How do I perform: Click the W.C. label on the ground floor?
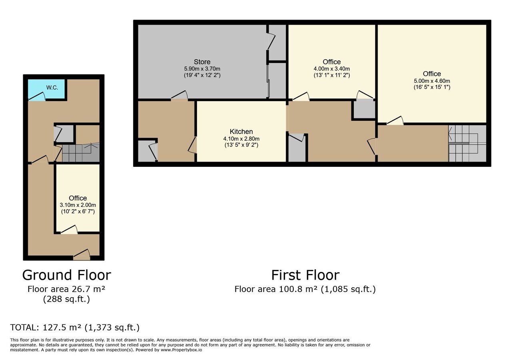tap(52, 87)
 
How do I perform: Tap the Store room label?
tap(202, 62)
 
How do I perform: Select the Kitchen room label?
tap(241, 132)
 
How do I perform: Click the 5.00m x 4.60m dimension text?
tap(432, 80)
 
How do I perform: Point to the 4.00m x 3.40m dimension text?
tap(331, 68)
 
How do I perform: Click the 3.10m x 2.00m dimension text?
tap(78, 205)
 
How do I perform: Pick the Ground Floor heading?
tap(66, 275)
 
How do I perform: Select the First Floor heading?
tap(305, 275)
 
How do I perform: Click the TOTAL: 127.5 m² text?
tap(75, 327)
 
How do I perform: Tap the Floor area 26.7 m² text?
tap(66, 289)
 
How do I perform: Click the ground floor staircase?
tap(80, 153)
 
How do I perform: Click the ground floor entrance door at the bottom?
tap(82, 254)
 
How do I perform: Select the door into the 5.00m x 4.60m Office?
tap(394, 120)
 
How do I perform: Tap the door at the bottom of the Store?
tap(179, 96)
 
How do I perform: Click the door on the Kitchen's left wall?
tap(193, 145)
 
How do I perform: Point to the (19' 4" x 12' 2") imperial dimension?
tap(202, 75)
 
